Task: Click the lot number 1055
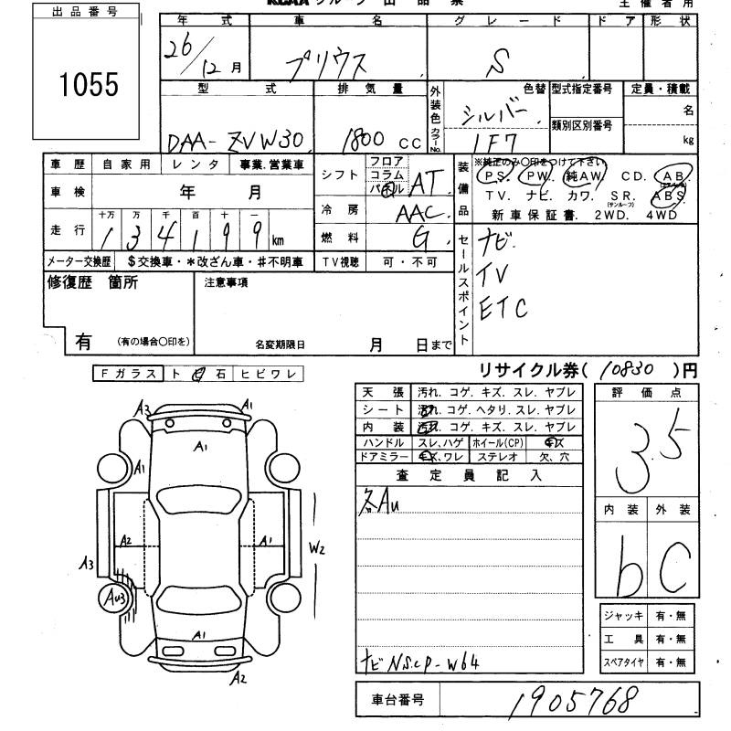point(89,85)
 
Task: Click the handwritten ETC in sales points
point(503,308)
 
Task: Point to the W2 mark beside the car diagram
point(317,548)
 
